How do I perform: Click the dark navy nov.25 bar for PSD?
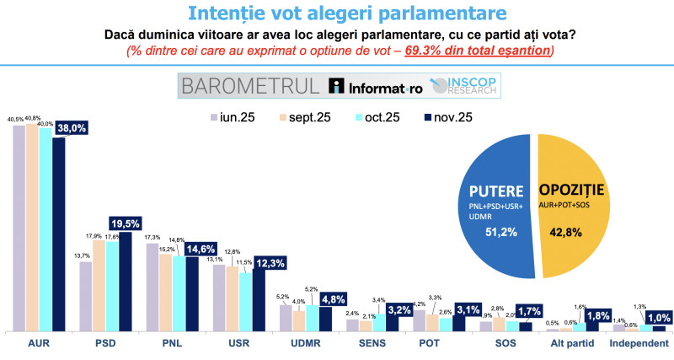(126, 282)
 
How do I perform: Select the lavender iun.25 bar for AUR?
(19, 228)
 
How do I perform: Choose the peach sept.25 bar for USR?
(232, 299)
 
